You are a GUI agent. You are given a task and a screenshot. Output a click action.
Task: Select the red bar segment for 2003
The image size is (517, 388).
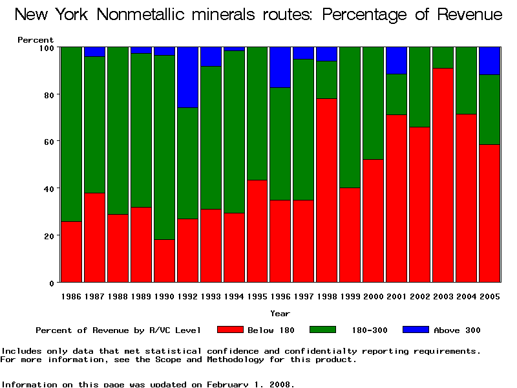tap(443, 175)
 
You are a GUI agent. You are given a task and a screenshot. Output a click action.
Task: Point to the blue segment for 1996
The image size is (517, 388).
tap(280, 67)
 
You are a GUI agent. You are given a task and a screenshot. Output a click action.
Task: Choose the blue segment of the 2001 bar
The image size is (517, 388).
tap(397, 60)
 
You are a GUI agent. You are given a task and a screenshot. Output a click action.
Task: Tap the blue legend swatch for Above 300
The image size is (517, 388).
tap(416, 330)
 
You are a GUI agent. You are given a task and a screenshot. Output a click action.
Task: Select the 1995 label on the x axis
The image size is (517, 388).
tap(257, 296)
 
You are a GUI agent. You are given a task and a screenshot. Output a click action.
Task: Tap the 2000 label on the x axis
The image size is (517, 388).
tap(374, 296)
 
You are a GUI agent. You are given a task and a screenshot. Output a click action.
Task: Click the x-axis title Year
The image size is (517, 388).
tap(280, 314)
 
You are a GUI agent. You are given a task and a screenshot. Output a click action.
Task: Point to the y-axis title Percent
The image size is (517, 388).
tap(36, 40)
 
